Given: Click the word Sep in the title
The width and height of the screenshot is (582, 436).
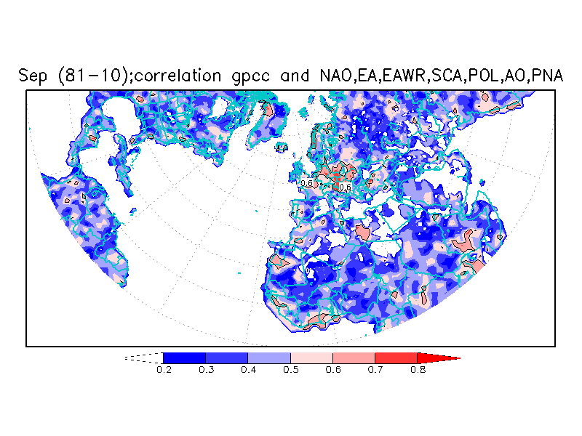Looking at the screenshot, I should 33,76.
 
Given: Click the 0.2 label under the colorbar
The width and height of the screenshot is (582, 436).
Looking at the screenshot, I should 163,369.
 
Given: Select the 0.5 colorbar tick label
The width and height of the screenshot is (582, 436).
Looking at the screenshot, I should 290,369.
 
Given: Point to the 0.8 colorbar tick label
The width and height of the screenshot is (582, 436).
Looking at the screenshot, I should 417,369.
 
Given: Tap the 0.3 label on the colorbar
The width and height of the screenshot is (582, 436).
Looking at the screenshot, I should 205,369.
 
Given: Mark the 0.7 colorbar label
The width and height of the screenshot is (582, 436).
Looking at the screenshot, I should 375,369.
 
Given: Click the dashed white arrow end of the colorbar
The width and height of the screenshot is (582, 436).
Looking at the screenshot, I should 143,358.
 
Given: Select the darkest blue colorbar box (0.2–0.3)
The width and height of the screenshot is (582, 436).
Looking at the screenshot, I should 184,358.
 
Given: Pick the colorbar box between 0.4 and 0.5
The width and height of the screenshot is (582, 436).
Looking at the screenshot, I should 269,358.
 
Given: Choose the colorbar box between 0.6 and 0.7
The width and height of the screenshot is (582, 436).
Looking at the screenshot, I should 354,358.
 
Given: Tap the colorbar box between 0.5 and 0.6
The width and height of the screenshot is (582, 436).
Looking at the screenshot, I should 311,358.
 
